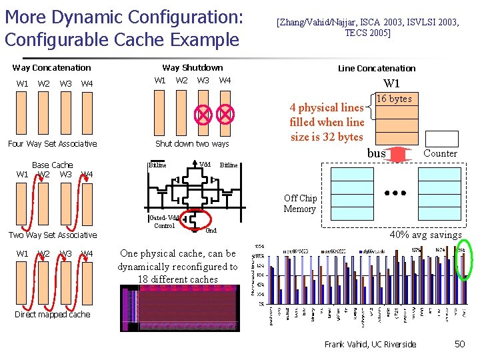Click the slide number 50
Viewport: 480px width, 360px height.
(x=459, y=344)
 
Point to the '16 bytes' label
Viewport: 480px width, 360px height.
(x=394, y=99)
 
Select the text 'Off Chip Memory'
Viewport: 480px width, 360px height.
(x=299, y=203)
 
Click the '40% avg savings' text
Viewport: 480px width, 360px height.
(x=425, y=235)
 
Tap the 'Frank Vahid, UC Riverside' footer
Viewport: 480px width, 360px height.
(x=370, y=344)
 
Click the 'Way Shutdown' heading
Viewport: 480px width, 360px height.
(x=193, y=67)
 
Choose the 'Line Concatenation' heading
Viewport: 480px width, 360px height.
(x=376, y=68)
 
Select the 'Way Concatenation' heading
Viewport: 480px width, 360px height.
(x=52, y=67)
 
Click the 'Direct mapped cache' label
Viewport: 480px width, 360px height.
(x=52, y=314)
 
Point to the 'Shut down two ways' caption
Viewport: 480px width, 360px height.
(x=191, y=143)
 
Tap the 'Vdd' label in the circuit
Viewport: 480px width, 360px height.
(x=205, y=164)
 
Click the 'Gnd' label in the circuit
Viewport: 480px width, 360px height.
(x=211, y=230)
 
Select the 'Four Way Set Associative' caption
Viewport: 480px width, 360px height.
(x=52, y=143)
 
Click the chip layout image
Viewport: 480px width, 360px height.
(x=179, y=309)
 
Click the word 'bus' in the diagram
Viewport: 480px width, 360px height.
(x=377, y=153)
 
